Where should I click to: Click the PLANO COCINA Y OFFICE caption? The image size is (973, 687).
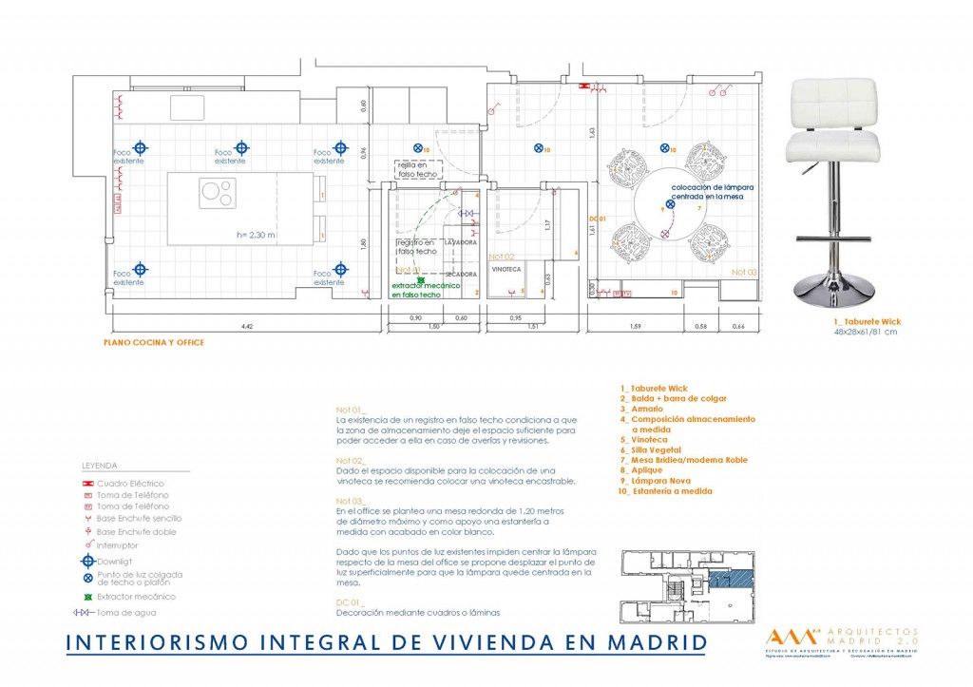click(x=153, y=342)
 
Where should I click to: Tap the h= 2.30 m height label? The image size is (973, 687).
click(x=257, y=235)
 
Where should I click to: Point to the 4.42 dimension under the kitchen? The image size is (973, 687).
click(x=246, y=327)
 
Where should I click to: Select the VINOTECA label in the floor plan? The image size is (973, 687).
click(x=506, y=269)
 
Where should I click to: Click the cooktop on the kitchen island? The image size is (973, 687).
click(x=218, y=193)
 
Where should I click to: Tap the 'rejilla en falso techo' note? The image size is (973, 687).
click(x=418, y=170)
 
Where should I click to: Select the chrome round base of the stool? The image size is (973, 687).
click(x=830, y=292)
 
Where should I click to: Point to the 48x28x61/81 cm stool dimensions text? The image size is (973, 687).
click(x=865, y=333)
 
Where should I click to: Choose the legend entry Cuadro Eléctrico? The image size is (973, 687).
click(x=130, y=484)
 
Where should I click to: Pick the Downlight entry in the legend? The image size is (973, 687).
click(x=118, y=562)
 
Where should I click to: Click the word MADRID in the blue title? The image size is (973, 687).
click(x=649, y=643)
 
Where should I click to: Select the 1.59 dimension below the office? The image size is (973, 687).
click(x=635, y=327)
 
